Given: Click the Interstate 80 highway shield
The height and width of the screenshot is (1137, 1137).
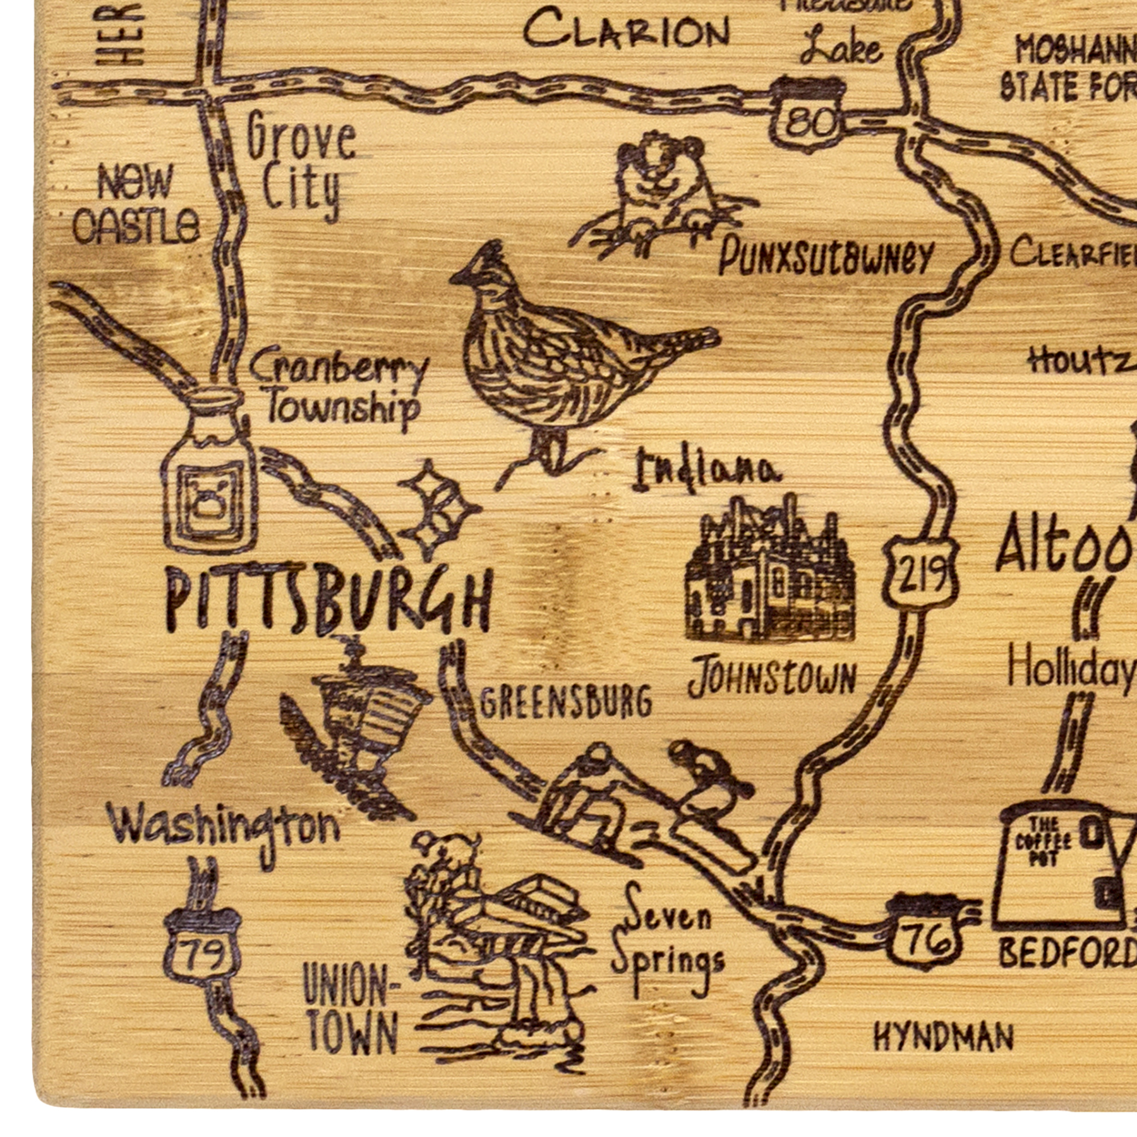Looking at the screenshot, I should [x=807, y=111].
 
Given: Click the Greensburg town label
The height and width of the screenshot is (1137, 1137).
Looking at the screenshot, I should [x=565, y=701].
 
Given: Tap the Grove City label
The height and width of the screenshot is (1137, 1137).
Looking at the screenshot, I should [x=300, y=164].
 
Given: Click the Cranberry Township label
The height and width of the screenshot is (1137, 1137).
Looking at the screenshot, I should [x=338, y=389].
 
